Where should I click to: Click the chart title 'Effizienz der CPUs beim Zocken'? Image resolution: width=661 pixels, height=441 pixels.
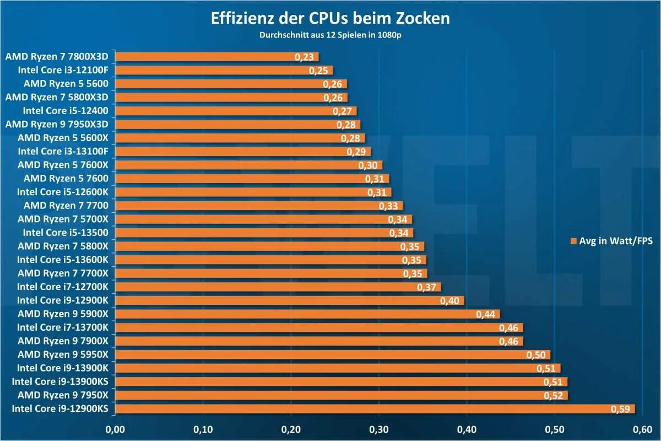[330, 18]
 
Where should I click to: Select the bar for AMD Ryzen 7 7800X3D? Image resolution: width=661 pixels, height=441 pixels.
[218, 56]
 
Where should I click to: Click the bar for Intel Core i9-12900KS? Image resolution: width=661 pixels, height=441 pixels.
[375, 408]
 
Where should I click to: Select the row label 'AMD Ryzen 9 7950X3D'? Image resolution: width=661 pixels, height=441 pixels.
[60, 124]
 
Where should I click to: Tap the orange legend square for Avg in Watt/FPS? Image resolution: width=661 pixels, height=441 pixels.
[573, 241]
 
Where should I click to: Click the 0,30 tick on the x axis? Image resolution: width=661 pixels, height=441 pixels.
[378, 428]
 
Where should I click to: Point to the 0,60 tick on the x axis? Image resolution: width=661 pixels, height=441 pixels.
[642, 428]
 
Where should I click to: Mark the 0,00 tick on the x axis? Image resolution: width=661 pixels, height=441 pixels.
[115, 428]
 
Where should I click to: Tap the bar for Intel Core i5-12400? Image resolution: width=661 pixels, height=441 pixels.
[236, 110]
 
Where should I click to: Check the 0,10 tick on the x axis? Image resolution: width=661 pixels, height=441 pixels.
[203, 428]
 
